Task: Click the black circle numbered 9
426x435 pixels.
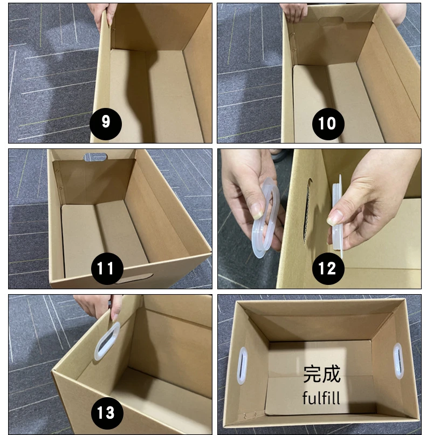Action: (106, 122)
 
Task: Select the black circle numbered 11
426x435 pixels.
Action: (106, 268)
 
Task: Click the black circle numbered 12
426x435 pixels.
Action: (327, 268)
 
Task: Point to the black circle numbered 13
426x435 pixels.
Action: (106, 413)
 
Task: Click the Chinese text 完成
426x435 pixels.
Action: (321, 373)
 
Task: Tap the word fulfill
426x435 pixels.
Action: (321, 398)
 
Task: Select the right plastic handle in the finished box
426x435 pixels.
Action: (397, 361)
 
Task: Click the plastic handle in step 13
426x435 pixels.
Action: (106, 341)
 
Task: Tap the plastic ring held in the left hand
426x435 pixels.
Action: (265, 216)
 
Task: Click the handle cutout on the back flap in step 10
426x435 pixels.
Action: (330, 22)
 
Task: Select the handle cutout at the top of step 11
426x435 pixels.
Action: (95, 157)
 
